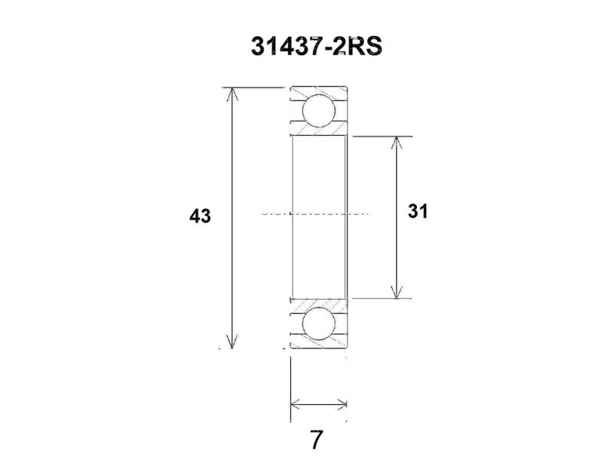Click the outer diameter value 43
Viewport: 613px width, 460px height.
(x=200, y=217)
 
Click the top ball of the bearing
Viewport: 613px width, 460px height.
(x=318, y=111)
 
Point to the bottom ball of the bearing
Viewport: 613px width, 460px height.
(x=318, y=324)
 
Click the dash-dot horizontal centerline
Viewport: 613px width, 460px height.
(x=314, y=212)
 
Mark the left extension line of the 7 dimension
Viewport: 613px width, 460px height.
(x=290, y=391)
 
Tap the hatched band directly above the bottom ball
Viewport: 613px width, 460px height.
(x=318, y=303)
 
